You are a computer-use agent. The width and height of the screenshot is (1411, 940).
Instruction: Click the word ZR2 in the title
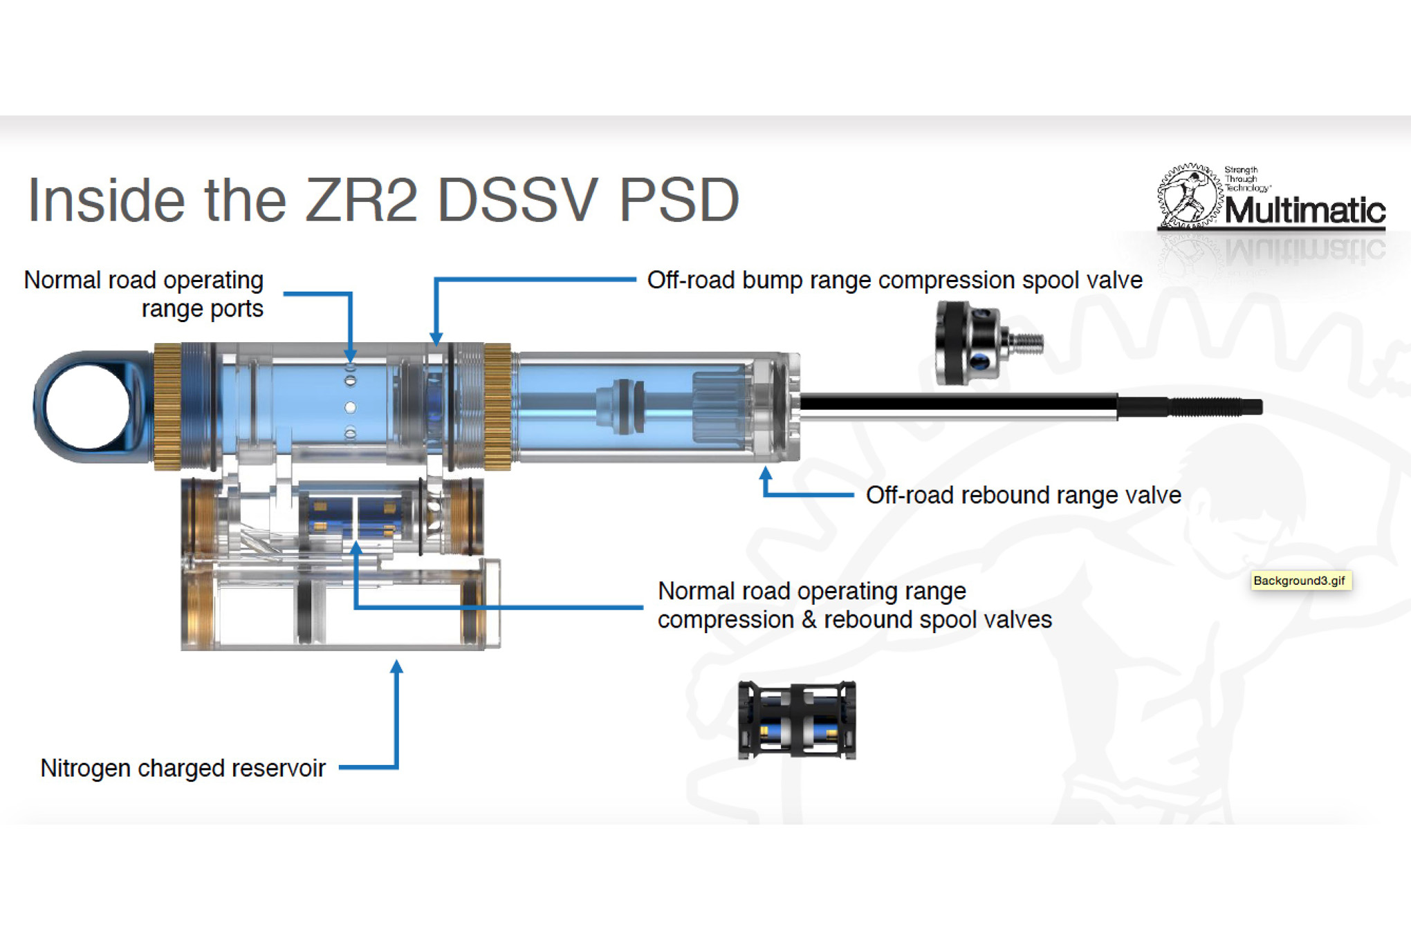coord(361,200)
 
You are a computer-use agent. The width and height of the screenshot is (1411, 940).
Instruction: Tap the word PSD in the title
coord(679,200)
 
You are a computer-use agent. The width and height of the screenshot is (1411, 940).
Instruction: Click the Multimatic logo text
coord(1304,210)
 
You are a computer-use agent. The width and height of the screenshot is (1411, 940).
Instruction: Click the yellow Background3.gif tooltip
coord(1300,581)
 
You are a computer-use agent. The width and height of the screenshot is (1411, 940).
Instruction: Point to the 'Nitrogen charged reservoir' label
coord(183,768)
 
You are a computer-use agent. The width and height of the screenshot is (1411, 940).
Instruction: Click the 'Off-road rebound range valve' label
coord(1023,495)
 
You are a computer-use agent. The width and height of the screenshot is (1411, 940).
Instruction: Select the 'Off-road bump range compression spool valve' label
coord(894,280)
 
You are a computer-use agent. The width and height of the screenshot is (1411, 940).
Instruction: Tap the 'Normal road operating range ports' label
coord(144,294)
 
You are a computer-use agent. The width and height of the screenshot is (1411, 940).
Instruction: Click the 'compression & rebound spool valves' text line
coord(854,619)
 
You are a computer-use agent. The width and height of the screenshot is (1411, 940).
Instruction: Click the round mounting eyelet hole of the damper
coord(87,407)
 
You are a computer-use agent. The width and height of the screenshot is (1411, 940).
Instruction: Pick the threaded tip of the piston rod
coord(1217,407)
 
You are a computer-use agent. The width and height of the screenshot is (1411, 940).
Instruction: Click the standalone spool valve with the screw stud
coord(982,343)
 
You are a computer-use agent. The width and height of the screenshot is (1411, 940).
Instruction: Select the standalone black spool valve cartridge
coord(797,720)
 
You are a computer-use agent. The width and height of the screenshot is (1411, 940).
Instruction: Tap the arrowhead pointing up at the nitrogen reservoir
coord(396,667)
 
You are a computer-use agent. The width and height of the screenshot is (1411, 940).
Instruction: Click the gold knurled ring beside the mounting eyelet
coord(167,406)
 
